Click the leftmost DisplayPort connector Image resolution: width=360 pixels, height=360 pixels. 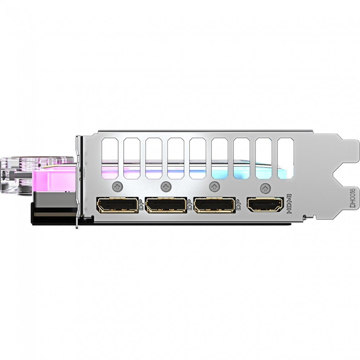(x=118, y=204)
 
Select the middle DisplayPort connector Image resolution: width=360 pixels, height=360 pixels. (x=166, y=204)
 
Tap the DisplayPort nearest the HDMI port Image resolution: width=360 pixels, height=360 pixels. (x=215, y=204)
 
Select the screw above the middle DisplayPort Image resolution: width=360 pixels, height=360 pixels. (x=166, y=186)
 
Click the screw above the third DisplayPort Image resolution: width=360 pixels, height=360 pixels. (x=215, y=186)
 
